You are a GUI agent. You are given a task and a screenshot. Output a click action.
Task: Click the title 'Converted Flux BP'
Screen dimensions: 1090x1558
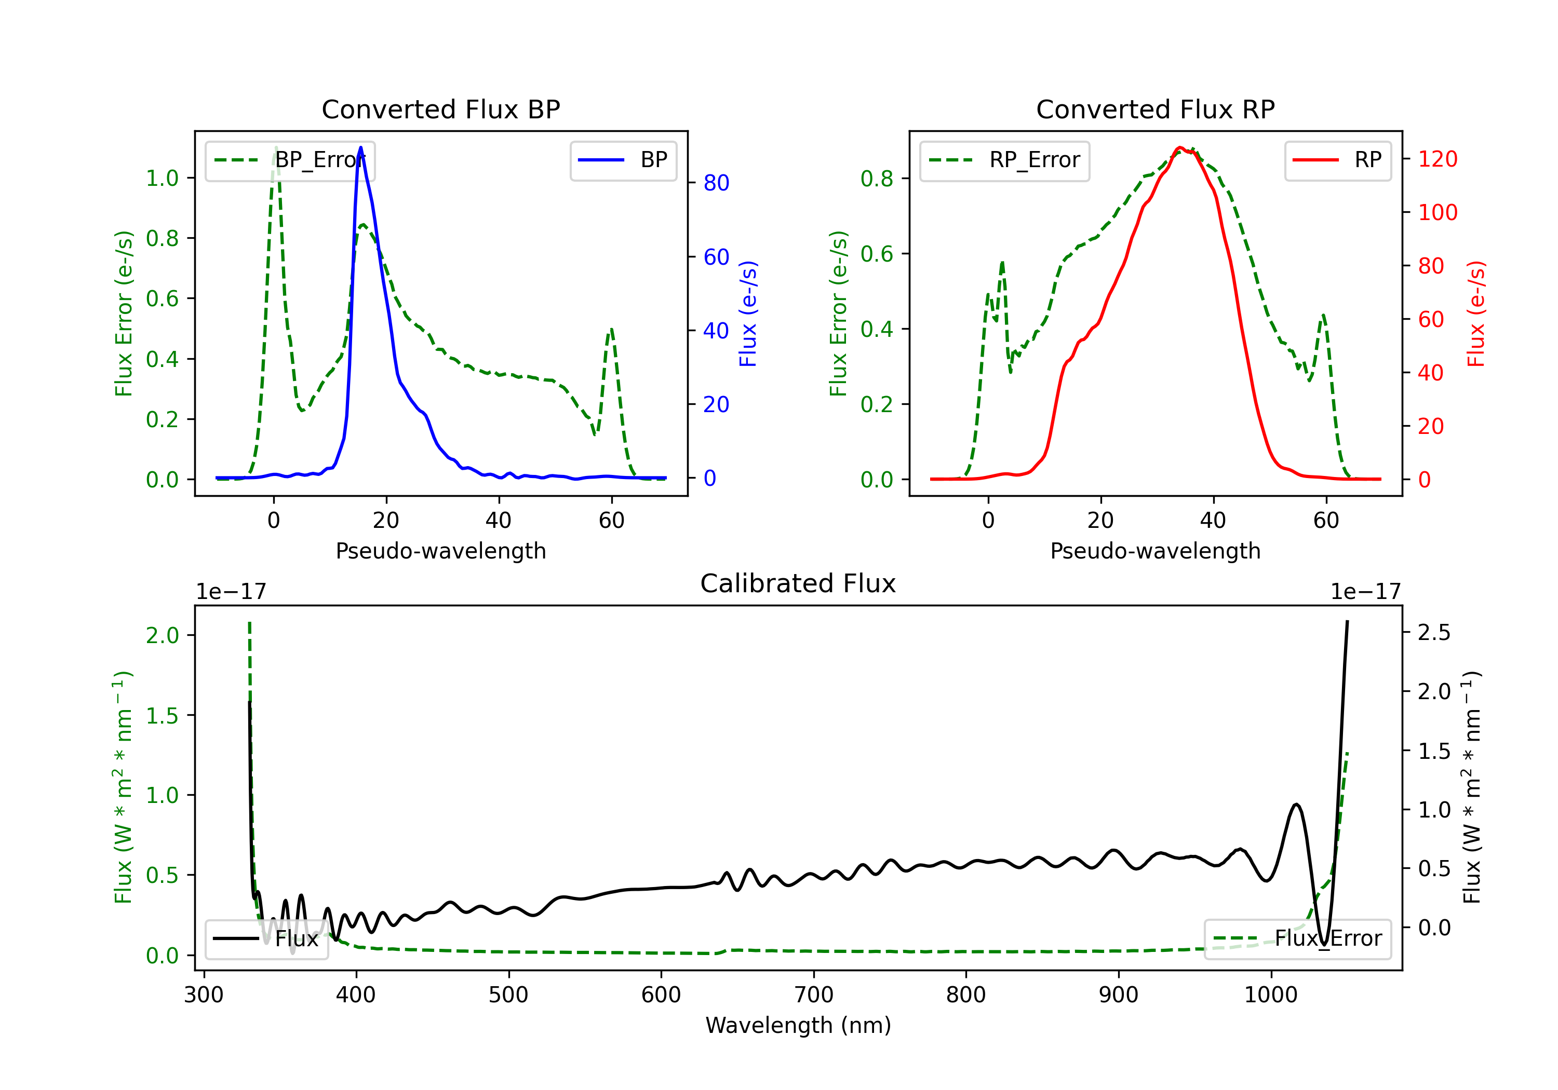[440, 109]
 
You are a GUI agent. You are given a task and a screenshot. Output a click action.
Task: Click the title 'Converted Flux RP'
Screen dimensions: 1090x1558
[1155, 109]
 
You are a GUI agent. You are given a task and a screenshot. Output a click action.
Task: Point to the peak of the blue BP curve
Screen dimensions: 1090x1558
[360, 147]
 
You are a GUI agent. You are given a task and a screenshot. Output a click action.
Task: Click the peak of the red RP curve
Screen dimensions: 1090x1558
[1180, 147]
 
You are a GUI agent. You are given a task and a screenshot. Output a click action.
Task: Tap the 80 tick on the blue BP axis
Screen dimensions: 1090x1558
[716, 183]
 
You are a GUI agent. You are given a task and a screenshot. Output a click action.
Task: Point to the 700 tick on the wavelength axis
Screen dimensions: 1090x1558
[814, 995]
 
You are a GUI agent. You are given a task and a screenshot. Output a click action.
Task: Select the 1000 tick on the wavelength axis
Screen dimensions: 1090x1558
[1270, 995]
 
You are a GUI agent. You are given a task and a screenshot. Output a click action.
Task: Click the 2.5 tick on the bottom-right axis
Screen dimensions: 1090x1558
[1434, 633]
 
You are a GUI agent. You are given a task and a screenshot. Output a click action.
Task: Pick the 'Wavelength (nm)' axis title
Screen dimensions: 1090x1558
[798, 1026]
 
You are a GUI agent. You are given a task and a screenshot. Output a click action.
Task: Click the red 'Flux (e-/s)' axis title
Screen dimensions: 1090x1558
[1476, 314]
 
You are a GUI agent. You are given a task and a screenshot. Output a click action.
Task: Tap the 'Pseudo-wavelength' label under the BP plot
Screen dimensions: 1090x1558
[440, 551]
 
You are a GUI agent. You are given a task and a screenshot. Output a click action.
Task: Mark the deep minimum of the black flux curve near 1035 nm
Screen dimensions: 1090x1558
[1323, 944]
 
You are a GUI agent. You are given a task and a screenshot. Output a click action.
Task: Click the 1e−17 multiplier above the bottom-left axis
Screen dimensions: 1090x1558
[231, 592]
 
